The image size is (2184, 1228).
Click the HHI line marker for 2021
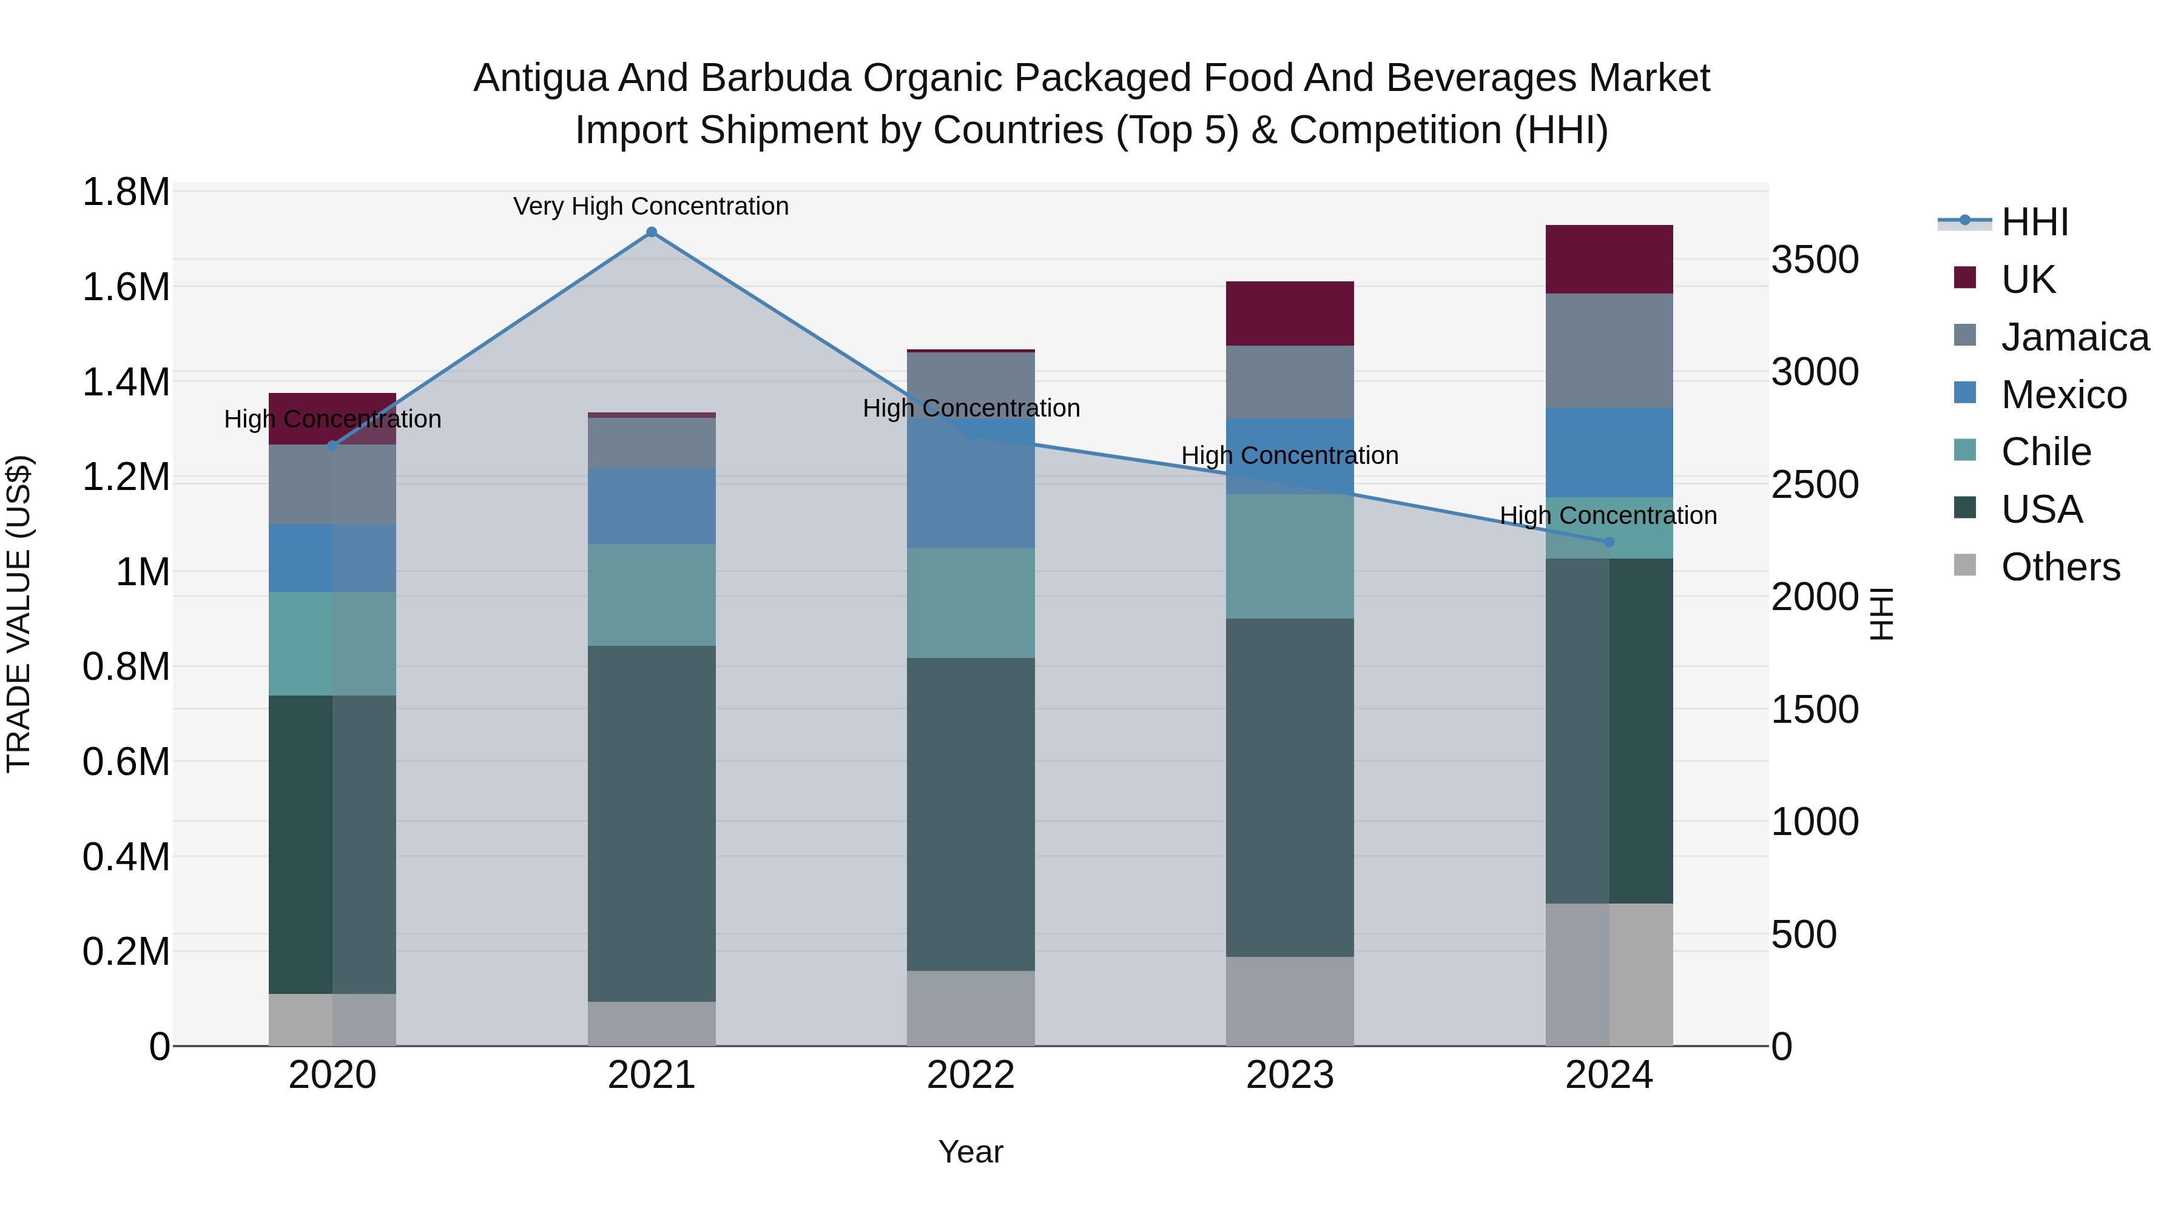[651, 232]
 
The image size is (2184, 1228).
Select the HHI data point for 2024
[1609, 542]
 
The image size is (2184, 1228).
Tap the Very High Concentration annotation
[651, 207]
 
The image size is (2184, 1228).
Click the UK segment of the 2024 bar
[1609, 260]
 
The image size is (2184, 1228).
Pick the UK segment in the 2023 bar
[1290, 314]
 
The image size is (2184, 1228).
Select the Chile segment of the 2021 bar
[651, 595]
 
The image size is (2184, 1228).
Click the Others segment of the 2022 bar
[971, 1008]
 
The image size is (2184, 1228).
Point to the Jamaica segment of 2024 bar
[1609, 351]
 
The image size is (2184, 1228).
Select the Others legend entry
[2060, 567]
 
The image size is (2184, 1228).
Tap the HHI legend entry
[2034, 222]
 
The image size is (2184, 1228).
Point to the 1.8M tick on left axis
[126, 192]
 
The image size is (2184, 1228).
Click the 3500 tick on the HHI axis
[1815, 260]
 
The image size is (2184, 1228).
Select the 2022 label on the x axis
[971, 1075]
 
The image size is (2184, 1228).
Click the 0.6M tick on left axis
[126, 762]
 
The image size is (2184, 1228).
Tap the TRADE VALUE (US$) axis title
[19, 614]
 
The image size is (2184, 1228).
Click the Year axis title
[971, 1152]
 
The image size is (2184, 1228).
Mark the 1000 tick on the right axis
[1815, 822]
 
